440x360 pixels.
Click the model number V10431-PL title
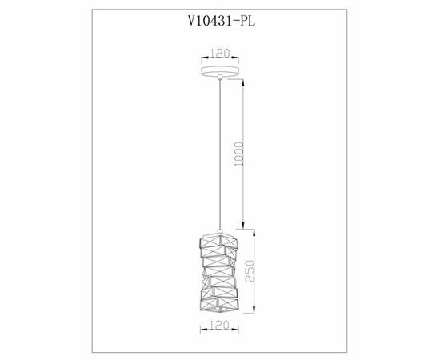[222, 21]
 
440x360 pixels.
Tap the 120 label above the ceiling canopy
[220, 53]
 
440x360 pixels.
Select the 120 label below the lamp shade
[220, 325]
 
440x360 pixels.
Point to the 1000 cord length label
[239, 154]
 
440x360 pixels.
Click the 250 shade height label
[250, 270]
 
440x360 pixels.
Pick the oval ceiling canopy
[220, 71]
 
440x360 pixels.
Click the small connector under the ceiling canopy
[220, 77]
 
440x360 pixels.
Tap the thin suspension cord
[220, 154]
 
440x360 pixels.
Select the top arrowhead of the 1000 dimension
[242, 82]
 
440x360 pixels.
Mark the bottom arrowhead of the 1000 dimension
[243, 226]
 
